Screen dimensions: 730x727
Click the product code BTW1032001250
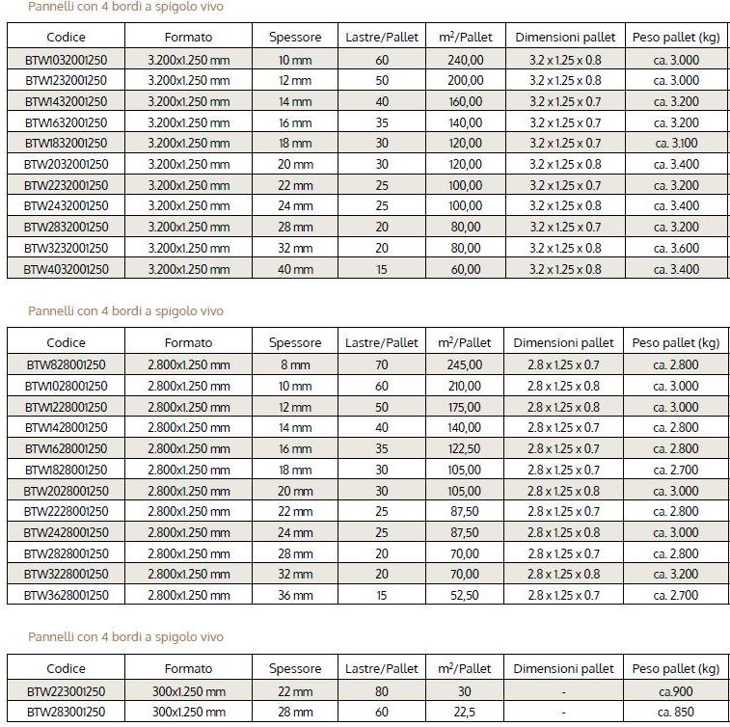[x=66, y=59]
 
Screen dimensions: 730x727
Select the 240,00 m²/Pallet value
[x=465, y=59]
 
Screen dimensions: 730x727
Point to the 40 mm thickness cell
[x=295, y=269]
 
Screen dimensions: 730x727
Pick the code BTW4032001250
[x=66, y=269]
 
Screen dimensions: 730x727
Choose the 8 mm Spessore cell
[x=295, y=364]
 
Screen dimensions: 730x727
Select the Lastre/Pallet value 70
[x=382, y=364]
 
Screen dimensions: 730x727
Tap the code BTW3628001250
[x=66, y=595]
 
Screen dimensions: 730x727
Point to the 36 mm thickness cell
[x=295, y=595]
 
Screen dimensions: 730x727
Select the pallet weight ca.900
[x=676, y=690]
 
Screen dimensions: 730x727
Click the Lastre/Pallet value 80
[x=382, y=690]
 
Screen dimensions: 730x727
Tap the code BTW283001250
[x=66, y=712]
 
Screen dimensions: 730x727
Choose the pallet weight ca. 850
[x=676, y=712]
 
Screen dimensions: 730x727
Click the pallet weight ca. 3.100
[x=676, y=143]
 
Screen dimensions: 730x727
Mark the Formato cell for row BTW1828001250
[x=188, y=470]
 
